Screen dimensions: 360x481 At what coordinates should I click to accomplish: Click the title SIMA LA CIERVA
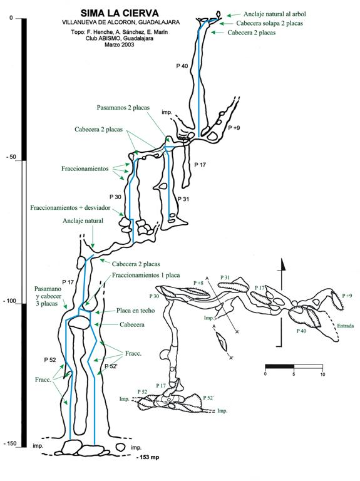120,13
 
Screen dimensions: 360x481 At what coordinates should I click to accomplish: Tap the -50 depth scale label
12,157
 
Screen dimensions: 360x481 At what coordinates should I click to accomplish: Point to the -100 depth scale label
10,301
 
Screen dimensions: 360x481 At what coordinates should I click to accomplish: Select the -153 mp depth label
148,457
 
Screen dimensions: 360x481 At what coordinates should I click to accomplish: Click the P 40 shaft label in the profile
182,66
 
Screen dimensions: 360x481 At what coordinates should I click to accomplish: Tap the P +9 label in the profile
234,128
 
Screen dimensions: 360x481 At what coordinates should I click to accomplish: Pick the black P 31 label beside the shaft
183,199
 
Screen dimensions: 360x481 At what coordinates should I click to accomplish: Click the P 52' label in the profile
111,366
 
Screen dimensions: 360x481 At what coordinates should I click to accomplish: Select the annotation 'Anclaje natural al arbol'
274,14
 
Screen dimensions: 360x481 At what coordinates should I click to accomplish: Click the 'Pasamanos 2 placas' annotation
123,107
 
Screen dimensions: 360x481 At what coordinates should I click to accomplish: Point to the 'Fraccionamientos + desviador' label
70,208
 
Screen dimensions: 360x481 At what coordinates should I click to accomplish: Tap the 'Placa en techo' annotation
135,311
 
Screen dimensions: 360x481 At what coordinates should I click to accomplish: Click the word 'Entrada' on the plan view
345,326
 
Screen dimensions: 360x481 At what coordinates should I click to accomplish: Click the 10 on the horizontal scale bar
322,375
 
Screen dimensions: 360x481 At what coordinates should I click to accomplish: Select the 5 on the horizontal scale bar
294,375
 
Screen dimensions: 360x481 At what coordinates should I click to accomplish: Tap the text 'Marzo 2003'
120,44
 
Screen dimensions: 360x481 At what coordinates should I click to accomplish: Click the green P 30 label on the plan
154,296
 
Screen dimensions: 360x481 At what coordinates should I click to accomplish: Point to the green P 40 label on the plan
301,331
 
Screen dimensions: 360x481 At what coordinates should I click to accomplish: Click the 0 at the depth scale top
11,18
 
